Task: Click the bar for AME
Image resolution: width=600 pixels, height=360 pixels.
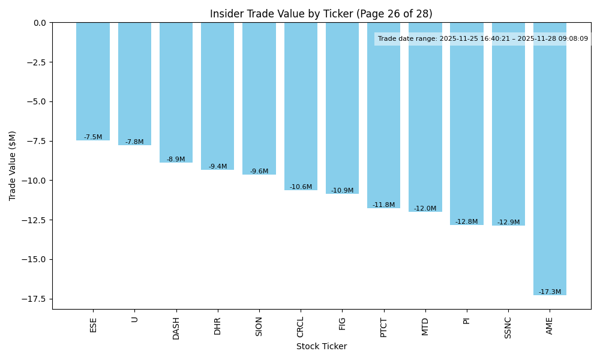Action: tap(550, 158)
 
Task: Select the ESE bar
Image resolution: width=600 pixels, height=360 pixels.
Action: tap(93, 81)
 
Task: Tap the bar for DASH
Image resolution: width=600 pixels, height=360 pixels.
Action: tap(176, 92)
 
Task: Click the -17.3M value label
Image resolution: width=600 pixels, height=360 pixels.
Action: tap(550, 292)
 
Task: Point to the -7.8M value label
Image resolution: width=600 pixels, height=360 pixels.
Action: tap(134, 142)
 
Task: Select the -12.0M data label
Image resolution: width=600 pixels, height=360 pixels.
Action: tap(425, 209)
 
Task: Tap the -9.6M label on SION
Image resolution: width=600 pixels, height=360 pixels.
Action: tap(259, 172)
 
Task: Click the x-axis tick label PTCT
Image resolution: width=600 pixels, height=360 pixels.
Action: tap(384, 327)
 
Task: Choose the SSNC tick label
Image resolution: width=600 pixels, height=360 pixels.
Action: tap(508, 328)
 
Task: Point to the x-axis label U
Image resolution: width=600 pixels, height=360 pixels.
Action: tap(134, 319)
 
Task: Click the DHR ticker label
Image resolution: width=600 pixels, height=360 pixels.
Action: tap(218, 326)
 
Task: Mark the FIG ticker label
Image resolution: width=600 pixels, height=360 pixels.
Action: tap(342, 323)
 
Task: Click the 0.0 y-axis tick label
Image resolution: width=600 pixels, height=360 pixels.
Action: tap(40, 23)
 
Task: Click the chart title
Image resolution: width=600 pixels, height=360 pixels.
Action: tap(321, 14)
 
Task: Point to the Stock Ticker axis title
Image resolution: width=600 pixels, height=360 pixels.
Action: tap(321, 346)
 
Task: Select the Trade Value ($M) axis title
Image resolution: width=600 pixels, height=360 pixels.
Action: tap(13, 166)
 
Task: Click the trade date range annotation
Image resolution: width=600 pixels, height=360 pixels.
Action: tap(482, 39)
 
